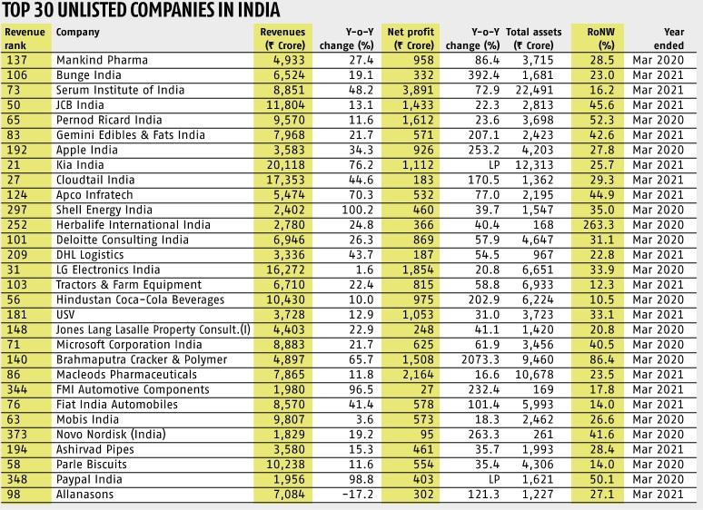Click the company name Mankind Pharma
pyautogui.click(x=102, y=60)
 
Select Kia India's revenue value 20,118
pyautogui.click(x=285, y=165)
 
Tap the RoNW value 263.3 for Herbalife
pyautogui.click(x=599, y=225)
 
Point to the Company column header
pyautogui.click(x=77, y=33)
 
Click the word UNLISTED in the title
pyautogui.click(x=97, y=10)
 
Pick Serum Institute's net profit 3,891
pyautogui.click(x=418, y=90)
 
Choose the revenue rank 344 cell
pyautogui.click(x=17, y=389)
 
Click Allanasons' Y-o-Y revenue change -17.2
pyautogui.click(x=357, y=495)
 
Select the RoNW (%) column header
pyautogui.click(x=600, y=38)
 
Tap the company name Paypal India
pyautogui.click(x=89, y=479)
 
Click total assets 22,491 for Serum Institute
pyautogui.click(x=534, y=90)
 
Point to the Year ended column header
pyautogui.click(x=668, y=38)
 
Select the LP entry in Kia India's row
pyautogui.click(x=494, y=165)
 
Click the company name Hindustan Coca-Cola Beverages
pyautogui.click(x=140, y=299)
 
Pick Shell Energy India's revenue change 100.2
pyautogui.click(x=357, y=210)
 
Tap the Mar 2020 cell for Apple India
pyautogui.click(x=658, y=150)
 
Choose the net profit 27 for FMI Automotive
pyautogui.click(x=427, y=389)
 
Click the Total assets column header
pyautogui.click(x=533, y=38)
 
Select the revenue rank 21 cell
pyautogui.click(x=14, y=165)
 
